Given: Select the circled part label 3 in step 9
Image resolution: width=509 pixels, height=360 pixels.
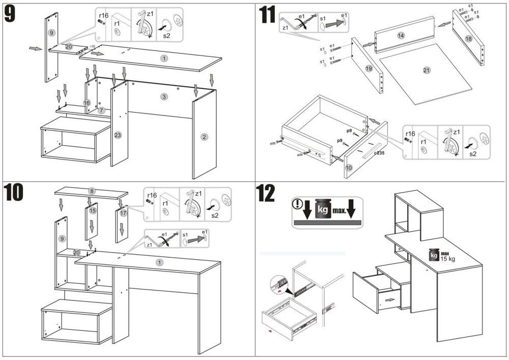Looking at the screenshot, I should [164, 97].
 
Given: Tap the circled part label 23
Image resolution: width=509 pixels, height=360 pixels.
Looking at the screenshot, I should [118, 135].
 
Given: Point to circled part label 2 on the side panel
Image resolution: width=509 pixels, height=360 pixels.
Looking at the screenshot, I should [204, 136].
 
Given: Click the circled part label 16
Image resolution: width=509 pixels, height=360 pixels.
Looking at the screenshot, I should [87, 103].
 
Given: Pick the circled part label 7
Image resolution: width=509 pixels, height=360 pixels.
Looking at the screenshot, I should [101, 110].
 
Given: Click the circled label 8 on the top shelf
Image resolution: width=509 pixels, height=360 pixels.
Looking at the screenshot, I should [92, 191].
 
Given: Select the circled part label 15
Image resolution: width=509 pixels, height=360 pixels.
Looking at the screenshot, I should [92, 210].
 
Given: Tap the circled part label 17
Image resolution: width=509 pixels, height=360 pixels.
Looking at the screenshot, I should [123, 213].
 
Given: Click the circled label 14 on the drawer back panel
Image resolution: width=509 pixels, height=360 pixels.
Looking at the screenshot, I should [401, 36].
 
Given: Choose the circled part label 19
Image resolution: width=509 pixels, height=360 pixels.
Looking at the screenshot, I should [369, 68].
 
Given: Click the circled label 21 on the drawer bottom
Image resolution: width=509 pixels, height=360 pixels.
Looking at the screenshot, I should [427, 70].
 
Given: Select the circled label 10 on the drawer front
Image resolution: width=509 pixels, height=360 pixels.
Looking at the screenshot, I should [349, 167].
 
